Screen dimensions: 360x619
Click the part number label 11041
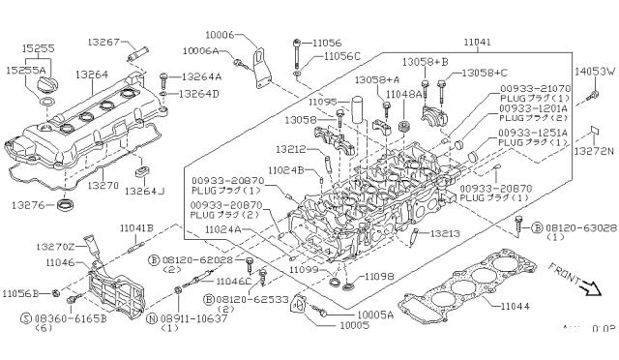coord(477,45)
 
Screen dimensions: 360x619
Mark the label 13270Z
coord(59,247)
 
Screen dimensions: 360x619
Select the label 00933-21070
coord(530,89)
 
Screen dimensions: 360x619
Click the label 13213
coord(444,234)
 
